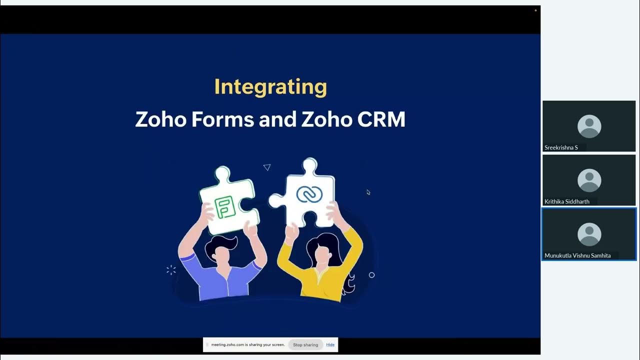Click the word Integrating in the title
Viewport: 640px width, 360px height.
[x=270, y=87]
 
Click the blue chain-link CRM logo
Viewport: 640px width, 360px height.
[x=309, y=194]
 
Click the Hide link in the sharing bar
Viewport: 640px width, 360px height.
[x=330, y=344]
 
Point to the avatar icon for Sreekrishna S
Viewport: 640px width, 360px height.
[x=589, y=126]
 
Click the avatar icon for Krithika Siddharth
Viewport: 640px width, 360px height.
[x=589, y=180]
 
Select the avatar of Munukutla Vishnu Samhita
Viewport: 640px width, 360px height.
[x=589, y=234]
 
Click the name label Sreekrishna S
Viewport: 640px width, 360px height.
[x=561, y=147]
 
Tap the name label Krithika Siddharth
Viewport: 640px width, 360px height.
[x=567, y=201]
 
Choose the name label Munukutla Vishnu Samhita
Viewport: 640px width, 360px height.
[x=577, y=255]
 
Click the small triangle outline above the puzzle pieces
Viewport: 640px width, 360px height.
[x=267, y=167]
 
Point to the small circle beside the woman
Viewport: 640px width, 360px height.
[x=371, y=275]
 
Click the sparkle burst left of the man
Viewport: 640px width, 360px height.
[x=171, y=270]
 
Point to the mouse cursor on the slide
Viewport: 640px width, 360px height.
[x=368, y=192]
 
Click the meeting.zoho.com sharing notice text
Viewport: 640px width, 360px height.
[x=247, y=344]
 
